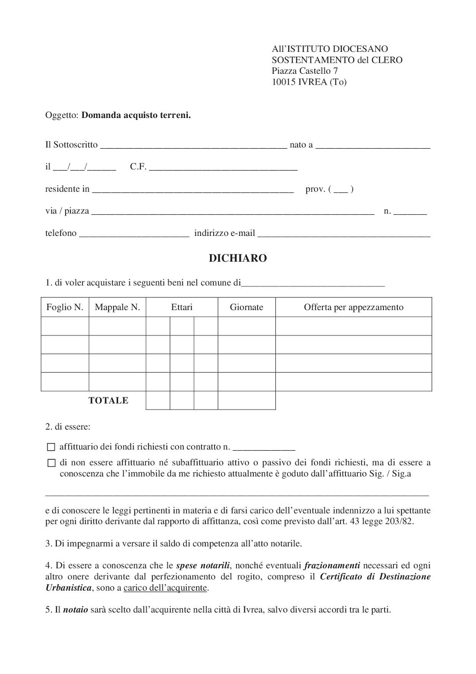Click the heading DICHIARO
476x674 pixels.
(x=238, y=258)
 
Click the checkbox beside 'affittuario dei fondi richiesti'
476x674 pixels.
(x=51, y=447)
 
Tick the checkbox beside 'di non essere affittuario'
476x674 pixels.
(x=51, y=463)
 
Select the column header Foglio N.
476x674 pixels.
(x=65, y=307)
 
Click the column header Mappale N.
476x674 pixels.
(x=117, y=307)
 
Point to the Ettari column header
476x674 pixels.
(x=182, y=307)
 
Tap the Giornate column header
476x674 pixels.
(x=247, y=307)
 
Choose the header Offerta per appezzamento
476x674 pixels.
(x=354, y=307)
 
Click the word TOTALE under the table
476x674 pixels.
(x=108, y=401)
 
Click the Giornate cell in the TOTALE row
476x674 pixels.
(x=247, y=401)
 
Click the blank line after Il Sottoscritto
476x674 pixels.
(x=194, y=146)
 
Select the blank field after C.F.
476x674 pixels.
(x=223, y=168)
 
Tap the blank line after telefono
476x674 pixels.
(x=134, y=234)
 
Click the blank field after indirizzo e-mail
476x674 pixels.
(x=344, y=234)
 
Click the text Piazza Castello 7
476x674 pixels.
(x=305, y=71)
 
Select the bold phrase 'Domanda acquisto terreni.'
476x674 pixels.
(x=136, y=115)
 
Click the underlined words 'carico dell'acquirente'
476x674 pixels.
(x=165, y=588)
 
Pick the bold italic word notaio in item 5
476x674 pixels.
(x=75, y=610)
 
